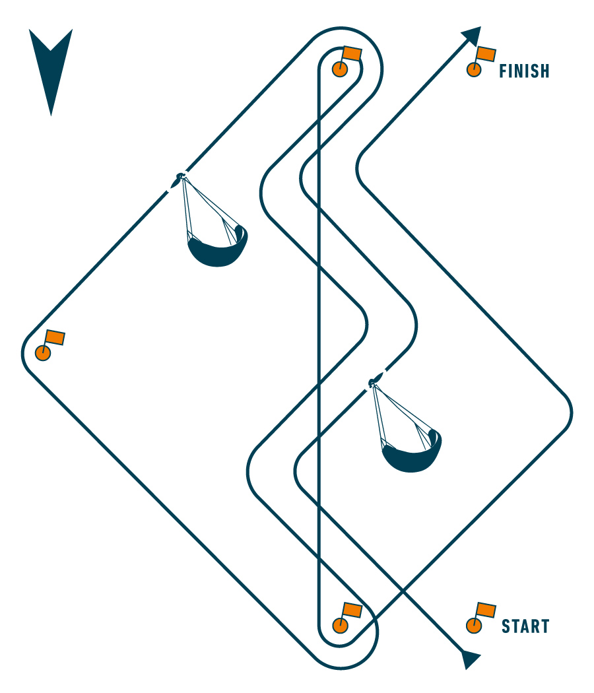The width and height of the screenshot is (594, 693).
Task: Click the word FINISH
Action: [524, 71]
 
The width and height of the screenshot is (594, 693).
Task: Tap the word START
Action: [525, 626]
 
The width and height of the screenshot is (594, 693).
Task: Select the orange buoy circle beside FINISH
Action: [473, 69]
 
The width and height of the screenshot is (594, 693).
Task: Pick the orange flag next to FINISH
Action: [486, 54]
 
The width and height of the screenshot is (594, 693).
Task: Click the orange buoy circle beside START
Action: [473, 625]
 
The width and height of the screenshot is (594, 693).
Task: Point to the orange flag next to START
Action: [486, 610]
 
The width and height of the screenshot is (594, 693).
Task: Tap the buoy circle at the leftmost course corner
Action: [43, 353]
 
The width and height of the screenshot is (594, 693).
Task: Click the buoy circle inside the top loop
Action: [339, 69]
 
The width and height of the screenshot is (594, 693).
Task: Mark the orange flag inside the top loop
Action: [352, 54]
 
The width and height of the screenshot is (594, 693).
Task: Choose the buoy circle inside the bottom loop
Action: [340, 625]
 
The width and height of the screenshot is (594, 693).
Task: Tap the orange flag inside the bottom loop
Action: [352, 610]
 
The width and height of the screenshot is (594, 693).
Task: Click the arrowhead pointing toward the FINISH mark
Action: [471, 36]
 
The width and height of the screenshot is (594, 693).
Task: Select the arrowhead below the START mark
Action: [471, 659]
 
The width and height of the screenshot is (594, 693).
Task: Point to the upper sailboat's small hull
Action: [178, 178]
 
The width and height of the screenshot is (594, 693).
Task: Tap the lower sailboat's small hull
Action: [374, 381]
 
